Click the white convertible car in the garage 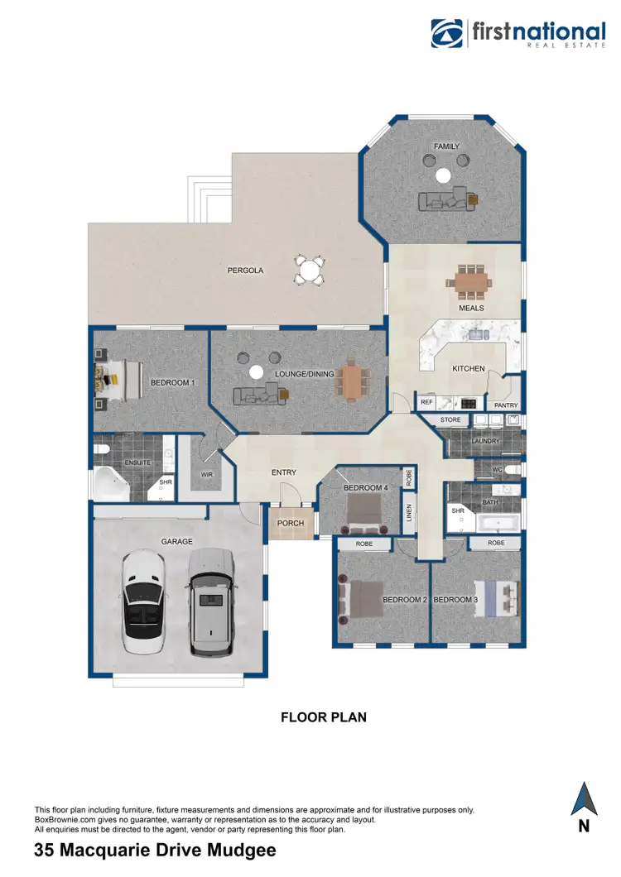pyautogui.click(x=146, y=602)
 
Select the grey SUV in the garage pyautogui.click(x=210, y=602)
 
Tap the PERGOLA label pyautogui.click(x=245, y=270)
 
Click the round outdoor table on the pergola pyautogui.click(x=310, y=270)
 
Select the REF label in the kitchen pyautogui.click(x=426, y=403)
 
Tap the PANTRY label pyautogui.click(x=505, y=405)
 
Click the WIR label pyautogui.click(x=207, y=475)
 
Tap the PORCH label pyautogui.click(x=291, y=523)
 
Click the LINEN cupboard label pyautogui.click(x=408, y=513)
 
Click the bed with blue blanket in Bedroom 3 pyautogui.click(x=502, y=598)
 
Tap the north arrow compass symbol pyautogui.click(x=584, y=800)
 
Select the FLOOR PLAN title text pyautogui.click(x=323, y=717)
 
